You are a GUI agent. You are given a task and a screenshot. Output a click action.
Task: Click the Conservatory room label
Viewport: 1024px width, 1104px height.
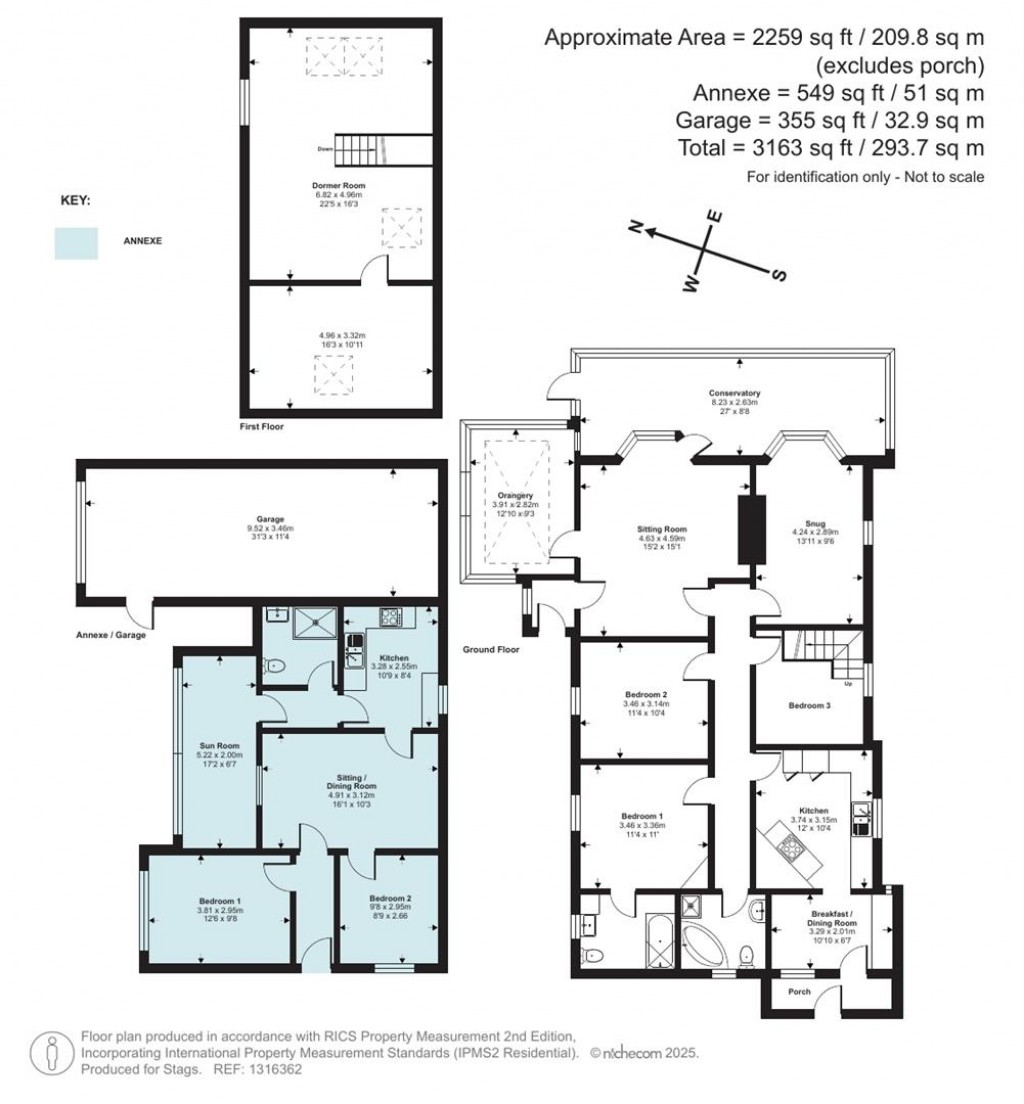coord(735,393)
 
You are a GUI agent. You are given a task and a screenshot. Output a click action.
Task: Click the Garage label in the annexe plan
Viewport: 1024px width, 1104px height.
coord(259,519)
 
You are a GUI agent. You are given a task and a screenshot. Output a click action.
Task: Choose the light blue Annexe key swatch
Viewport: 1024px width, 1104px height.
coord(76,243)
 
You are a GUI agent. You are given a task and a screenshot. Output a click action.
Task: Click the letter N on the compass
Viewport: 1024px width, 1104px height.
coord(634,227)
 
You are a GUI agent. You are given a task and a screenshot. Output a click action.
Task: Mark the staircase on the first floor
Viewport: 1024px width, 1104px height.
coord(361,150)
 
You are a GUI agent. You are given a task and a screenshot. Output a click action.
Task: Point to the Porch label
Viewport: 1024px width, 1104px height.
coord(800,992)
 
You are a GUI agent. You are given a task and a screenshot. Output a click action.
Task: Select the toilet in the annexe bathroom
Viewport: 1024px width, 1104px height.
coord(276,663)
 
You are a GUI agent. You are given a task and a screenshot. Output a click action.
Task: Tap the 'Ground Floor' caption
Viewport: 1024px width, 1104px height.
coord(492,649)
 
